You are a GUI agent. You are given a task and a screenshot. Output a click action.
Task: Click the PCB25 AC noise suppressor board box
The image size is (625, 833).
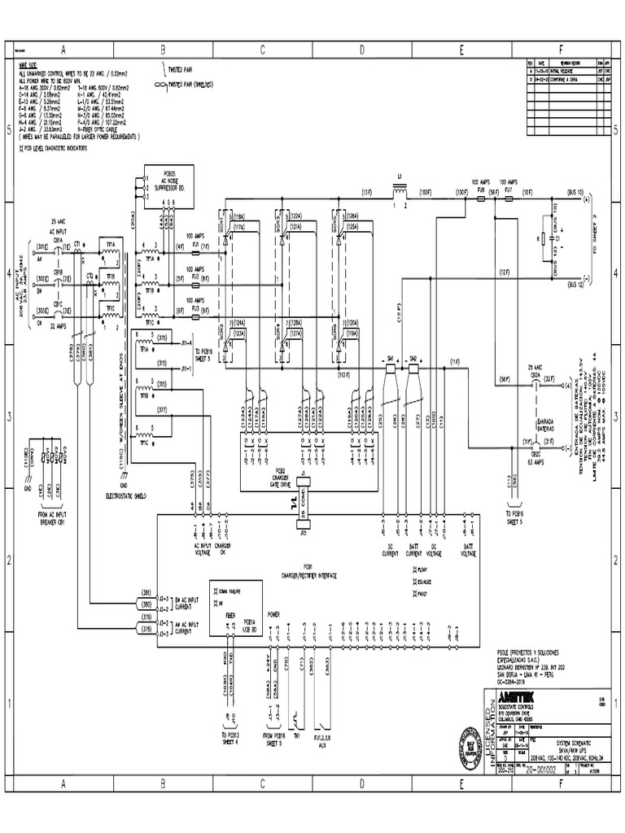[166, 180]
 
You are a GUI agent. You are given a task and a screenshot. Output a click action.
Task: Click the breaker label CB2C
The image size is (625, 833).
[536, 454]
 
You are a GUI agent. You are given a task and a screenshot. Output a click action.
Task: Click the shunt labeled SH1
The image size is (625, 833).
[389, 358]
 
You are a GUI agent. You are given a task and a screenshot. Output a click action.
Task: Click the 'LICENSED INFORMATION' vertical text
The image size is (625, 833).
[489, 732]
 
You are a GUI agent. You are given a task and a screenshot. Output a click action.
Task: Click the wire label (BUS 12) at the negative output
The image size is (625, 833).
[576, 285]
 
